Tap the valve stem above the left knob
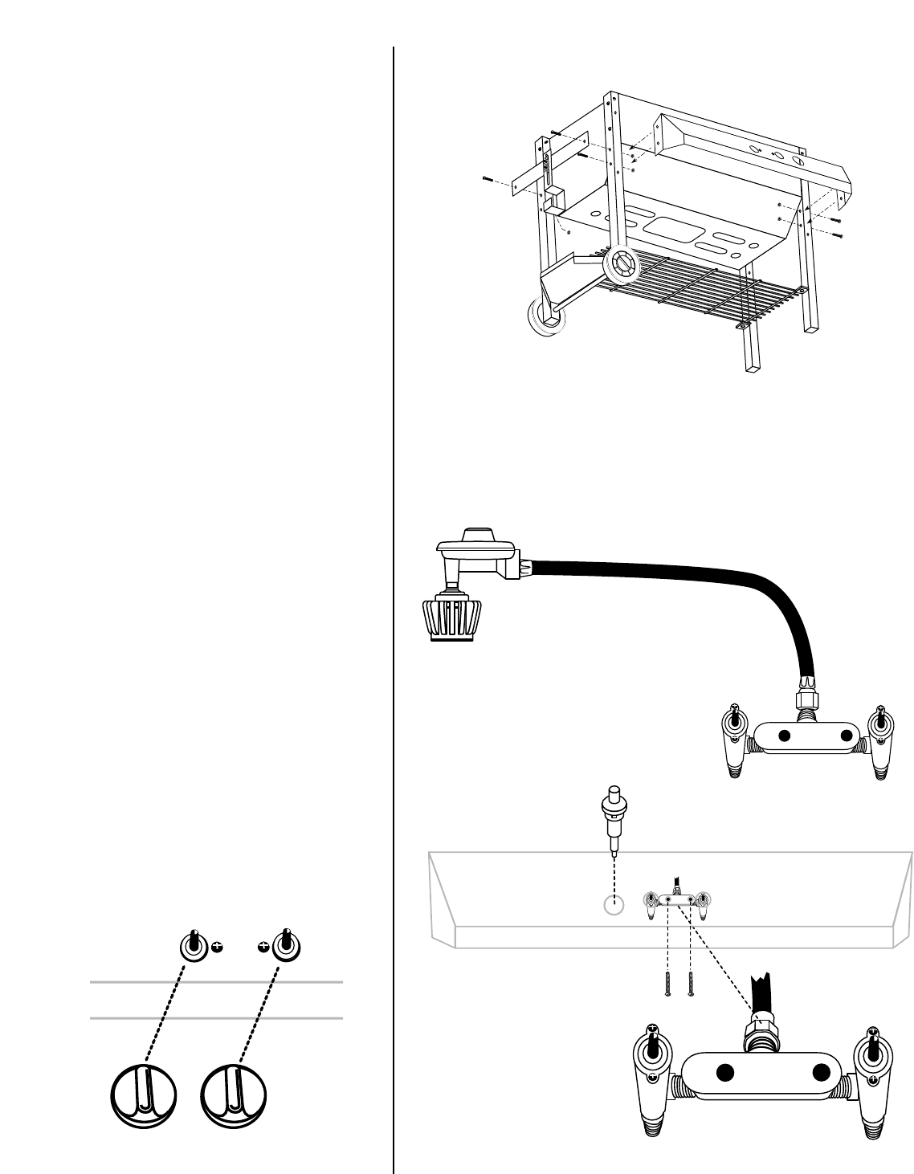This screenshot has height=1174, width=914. [x=193, y=944]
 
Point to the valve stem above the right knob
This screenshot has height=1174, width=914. [x=284, y=944]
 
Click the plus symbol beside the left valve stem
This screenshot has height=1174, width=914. [x=215, y=948]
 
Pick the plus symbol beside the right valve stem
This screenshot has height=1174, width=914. [x=263, y=948]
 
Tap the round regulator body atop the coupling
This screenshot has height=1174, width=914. [x=475, y=547]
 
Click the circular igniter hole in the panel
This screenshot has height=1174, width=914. [x=613, y=905]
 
